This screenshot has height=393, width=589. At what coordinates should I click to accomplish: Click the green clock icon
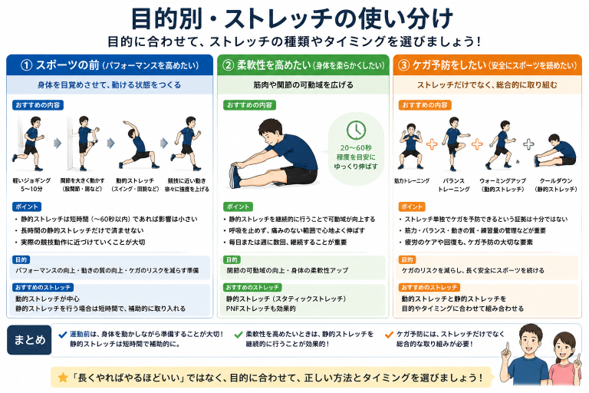tap(356, 130)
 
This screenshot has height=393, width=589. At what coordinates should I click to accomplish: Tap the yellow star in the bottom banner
tap(63, 377)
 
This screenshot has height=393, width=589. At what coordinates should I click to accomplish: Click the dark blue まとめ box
tap(29, 339)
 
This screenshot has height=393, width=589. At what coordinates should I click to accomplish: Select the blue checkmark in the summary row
tap(63, 335)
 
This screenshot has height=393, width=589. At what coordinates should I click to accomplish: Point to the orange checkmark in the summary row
tap(389, 335)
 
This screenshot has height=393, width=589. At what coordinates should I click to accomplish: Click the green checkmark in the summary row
tap(239, 335)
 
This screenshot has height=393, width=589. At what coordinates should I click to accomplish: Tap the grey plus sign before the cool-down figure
tap(528, 144)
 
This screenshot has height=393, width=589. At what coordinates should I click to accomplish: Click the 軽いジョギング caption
tap(31, 185)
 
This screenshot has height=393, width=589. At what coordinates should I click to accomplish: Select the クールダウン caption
tap(556, 185)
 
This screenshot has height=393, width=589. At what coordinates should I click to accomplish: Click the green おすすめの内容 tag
tap(249, 105)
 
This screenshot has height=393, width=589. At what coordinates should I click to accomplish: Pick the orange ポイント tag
tap(411, 206)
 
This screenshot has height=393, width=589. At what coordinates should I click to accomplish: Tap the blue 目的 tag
tap(21, 260)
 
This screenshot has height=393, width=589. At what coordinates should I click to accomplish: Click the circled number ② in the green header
tap(228, 65)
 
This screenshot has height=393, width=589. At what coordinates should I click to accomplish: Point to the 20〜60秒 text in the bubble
tap(356, 148)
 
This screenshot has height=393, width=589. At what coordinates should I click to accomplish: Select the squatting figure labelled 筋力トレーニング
tap(410, 147)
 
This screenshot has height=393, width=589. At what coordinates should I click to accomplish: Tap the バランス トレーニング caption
tap(453, 185)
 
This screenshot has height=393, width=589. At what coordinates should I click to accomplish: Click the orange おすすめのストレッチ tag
tap(429, 288)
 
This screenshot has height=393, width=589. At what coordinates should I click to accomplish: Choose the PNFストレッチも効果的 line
tap(261, 309)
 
